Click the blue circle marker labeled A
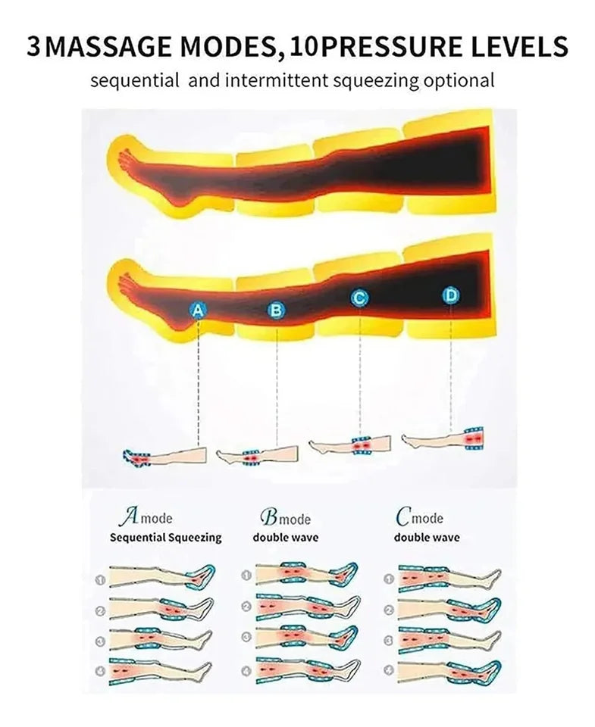198,310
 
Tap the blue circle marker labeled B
276,310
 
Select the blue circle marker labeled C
359,298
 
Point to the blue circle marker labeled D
451,295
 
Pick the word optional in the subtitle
459,81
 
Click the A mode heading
146,517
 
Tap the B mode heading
286,518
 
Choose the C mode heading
420,517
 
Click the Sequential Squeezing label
166,538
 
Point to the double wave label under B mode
286,538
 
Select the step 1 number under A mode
100,579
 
